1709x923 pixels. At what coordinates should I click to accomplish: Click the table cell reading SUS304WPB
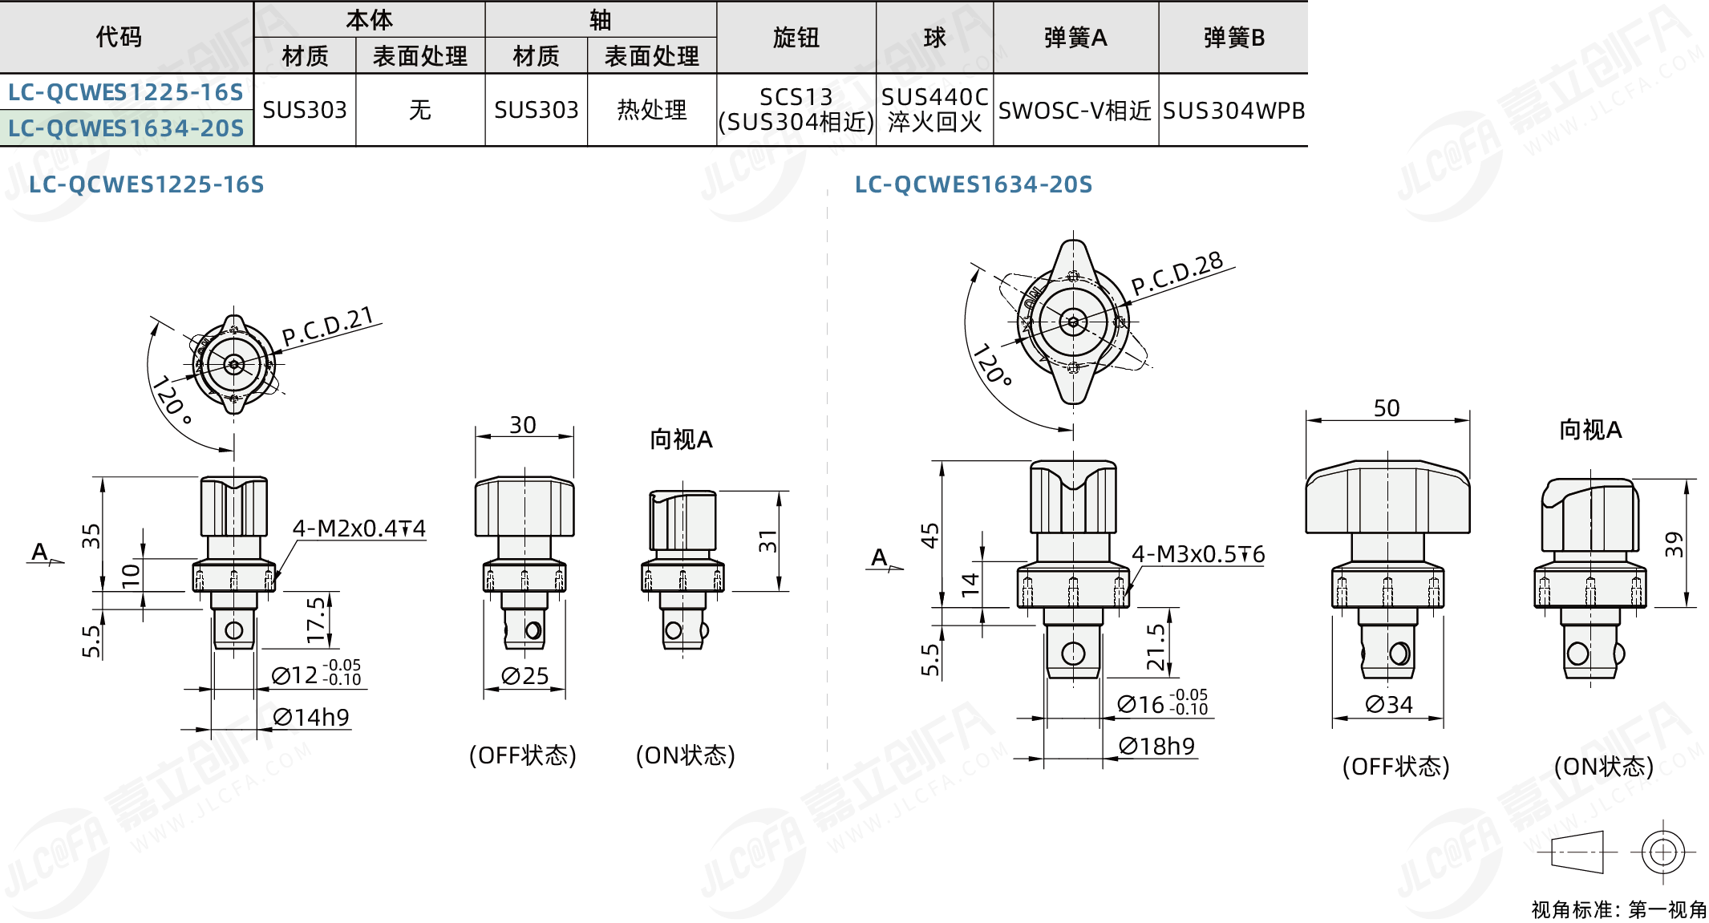click(1233, 110)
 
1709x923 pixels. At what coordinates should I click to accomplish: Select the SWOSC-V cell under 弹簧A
click(1075, 110)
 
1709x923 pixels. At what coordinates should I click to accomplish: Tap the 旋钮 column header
click(796, 38)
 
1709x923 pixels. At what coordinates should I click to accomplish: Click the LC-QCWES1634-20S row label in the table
click(126, 128)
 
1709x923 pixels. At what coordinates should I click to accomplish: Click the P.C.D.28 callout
click(1177, 273)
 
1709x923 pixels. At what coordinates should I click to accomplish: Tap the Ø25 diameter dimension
click(524, 676)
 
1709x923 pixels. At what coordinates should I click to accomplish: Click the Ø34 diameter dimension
click(1388, 704)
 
